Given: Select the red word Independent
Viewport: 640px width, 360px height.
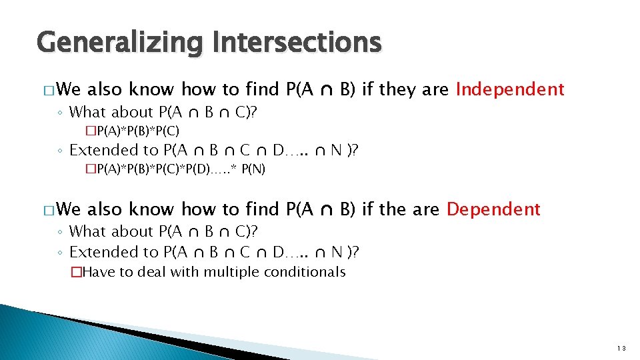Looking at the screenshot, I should point(510,89).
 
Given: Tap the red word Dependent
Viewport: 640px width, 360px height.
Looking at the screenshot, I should point(493,209).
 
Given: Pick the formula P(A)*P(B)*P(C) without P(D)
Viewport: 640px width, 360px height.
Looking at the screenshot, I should point(137,130).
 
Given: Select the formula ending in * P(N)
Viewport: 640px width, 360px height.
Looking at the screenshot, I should point(179,169).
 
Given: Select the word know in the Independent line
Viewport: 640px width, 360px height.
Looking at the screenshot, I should point(151,89).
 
